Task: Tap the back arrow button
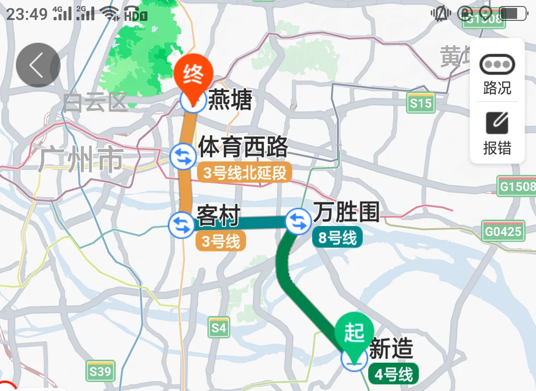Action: (x=38, y=65)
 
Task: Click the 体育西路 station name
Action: (x=243, y=147)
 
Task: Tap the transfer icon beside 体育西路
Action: (x=183, y=156)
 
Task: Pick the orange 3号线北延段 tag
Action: (x=245, y=173)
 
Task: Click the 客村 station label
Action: (x=218, y=216)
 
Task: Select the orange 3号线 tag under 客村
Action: (x=221, y=241)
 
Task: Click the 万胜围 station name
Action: (x=346, y=213)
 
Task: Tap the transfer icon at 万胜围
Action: (x=298, y=221)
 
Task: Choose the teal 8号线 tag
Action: (x=337, y=237)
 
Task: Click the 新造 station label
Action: (x=391, y=349)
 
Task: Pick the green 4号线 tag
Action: (x=394, y=374)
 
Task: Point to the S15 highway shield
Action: (x=421, y=103)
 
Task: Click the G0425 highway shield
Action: (x=503, y=231)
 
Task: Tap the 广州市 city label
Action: (x=80, y=160)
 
